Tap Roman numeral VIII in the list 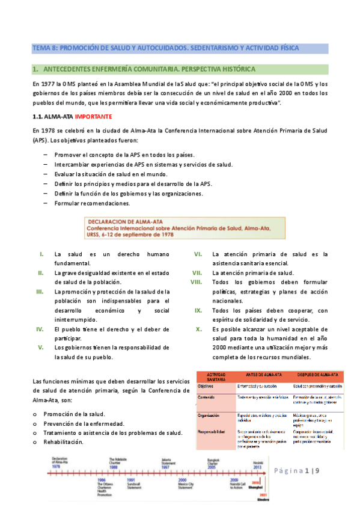pos(196,282)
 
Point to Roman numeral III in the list pos(40,292)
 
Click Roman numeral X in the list pos(198,329)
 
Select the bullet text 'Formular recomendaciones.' pos(88,203)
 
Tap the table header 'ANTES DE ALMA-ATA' pos(258,374)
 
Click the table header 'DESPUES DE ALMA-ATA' pos(317,374)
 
